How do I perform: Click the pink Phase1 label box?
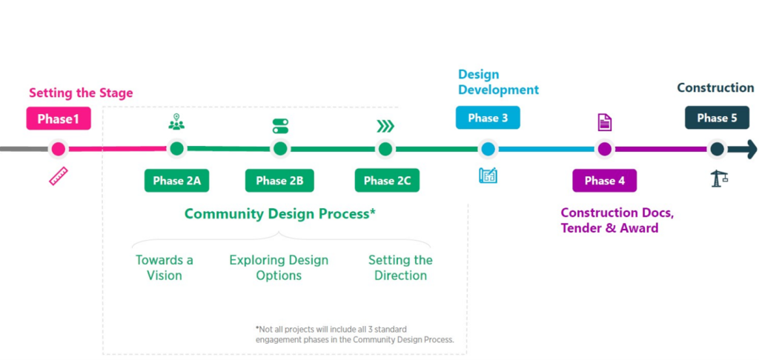(x=59, y=119)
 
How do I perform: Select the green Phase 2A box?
(x=176, y=181)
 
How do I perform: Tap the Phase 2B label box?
(x=279, y=181)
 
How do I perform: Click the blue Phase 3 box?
(x=488, y=118)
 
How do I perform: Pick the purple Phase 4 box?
(x=604, y=181)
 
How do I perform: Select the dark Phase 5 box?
(x=717, y=118)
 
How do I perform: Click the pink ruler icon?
(x=59, y=176)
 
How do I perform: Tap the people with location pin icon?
(x=176, y=122)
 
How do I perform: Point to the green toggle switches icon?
(x=280, y=125)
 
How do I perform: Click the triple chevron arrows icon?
(x=385, y=126)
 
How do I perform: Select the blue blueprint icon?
(x=488, y=176)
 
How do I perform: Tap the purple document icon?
(x=605, y=123)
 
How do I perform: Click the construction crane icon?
(x=717, y=178)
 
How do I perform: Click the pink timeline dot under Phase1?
(x=59, y=149)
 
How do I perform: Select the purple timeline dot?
(x=605, y=149)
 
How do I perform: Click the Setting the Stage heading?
(x=81, y=93)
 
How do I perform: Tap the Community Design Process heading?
(x=280, y=214)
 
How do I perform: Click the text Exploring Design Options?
(x=279, y=267)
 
